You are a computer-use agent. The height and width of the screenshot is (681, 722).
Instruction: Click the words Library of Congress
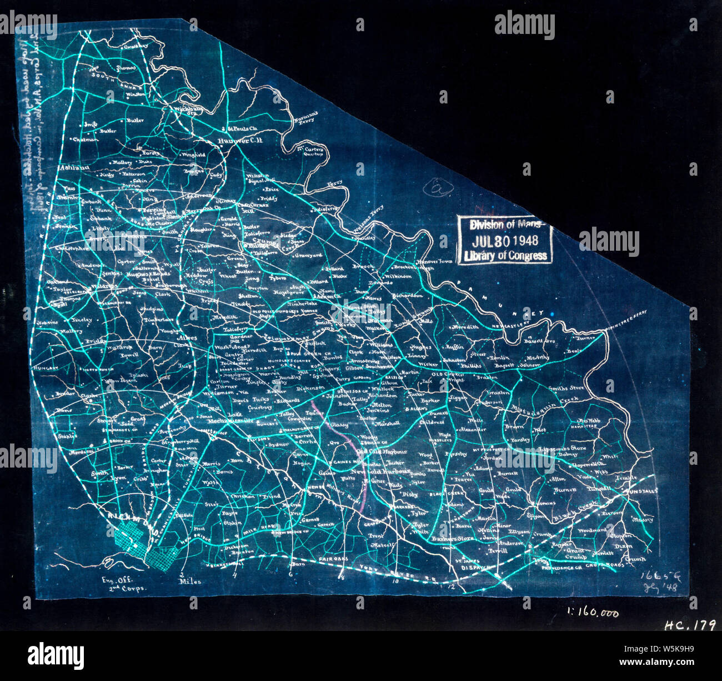[x=504, y=256]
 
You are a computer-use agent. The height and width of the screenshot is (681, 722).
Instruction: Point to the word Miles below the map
[x=190, y=581]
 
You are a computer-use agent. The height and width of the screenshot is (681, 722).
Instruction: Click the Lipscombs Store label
[x=563, y=448]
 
